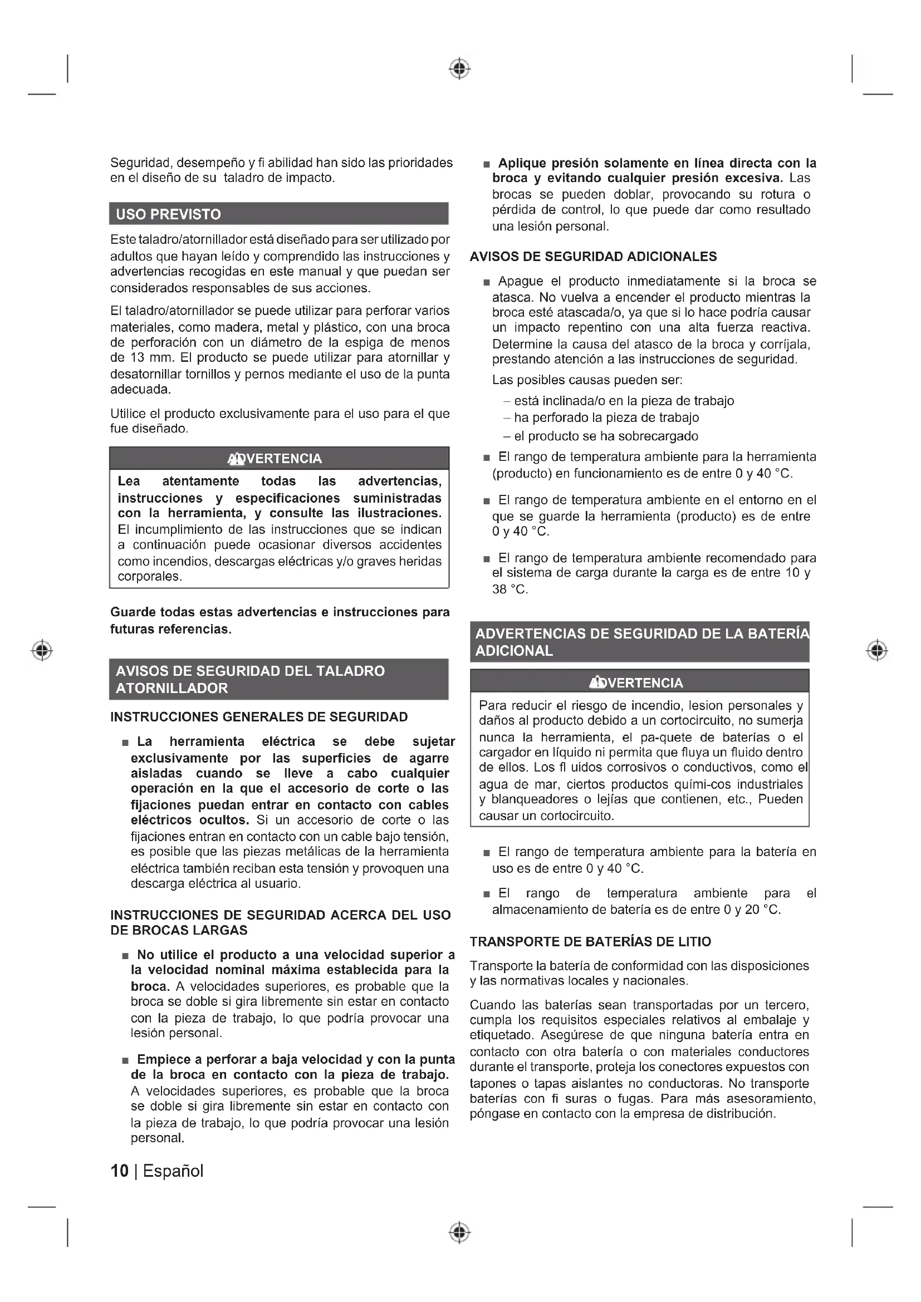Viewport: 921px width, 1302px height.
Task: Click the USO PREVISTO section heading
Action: pos(168,214)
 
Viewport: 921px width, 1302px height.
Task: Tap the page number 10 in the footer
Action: pos(119,1171)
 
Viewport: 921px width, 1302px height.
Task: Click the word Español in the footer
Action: pos(173,1171)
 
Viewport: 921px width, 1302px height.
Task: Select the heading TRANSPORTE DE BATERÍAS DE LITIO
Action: pos(590,942)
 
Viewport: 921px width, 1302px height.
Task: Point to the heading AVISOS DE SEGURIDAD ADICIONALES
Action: pos(593,257)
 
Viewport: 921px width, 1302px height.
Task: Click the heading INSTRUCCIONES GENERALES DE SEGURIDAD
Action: pos(258,718)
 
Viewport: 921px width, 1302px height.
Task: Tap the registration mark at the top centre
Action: pos(460,68)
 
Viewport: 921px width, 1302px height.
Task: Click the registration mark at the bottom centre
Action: pos(460,1232)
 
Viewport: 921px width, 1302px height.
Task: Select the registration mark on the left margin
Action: pos(42,650)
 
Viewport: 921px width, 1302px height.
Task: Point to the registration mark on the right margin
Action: pos(877,650)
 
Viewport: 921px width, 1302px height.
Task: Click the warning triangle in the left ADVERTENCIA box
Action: pos(235,459)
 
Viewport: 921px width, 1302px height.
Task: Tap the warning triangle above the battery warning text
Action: pos(596,683)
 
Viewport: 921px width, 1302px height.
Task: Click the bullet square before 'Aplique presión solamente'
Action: pos(486,164)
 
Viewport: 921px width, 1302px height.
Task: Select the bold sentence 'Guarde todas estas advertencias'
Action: pos(280,620)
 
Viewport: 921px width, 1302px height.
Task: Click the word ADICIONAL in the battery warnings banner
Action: pos(514,651)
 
